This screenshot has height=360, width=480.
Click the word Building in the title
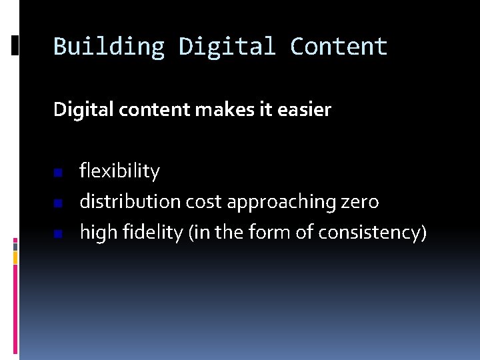coord(109,47)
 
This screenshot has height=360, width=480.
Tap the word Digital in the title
coord(227,47)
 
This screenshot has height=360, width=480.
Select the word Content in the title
coord(339,47)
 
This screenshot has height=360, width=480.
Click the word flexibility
coord(120,172)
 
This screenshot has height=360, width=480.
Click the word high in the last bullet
coord(94,233)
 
